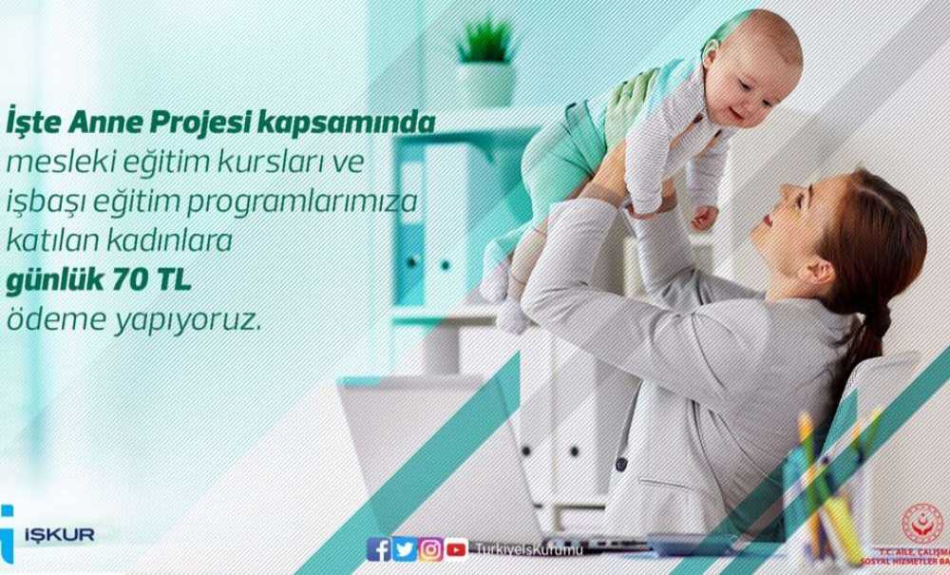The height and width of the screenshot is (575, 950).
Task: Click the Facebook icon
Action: tap(378, 549)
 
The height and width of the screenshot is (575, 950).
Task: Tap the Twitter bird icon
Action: tap(404, 549)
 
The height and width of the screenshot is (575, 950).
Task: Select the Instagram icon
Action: tap(430, 549)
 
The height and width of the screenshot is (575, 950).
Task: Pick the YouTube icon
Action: tap(456, 549)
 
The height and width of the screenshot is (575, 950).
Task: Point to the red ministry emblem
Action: tap(921, 524)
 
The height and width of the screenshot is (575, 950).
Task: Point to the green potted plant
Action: tap(485, 43)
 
